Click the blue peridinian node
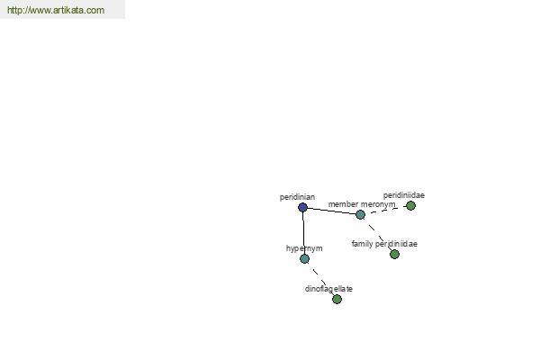[x=302, y=207]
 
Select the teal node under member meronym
[x=360, y=214]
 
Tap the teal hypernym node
[x=304, y=258]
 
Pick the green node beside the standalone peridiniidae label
[x=410, y=206]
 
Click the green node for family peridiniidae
[x=394, y=254]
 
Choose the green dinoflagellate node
[x=337, y=299]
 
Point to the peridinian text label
[x=297, y=197]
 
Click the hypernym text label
[x=304, y=248]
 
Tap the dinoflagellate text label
[x=328, y=289]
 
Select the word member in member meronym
[x=343, y=204]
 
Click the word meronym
[x=378, y=204]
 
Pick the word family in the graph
[x=363, y=244]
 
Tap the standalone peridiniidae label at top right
[x=404, y=195]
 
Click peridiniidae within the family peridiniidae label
[x=396, y=244]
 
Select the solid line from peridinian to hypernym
[x=303, y=233]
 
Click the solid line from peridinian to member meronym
[x=331, y=211]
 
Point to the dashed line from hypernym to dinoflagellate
[x=320, y=279]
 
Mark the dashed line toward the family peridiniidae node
[x=377, y=234]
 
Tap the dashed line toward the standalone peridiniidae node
[x=385, y=210]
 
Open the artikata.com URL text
[x=56, y=10]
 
